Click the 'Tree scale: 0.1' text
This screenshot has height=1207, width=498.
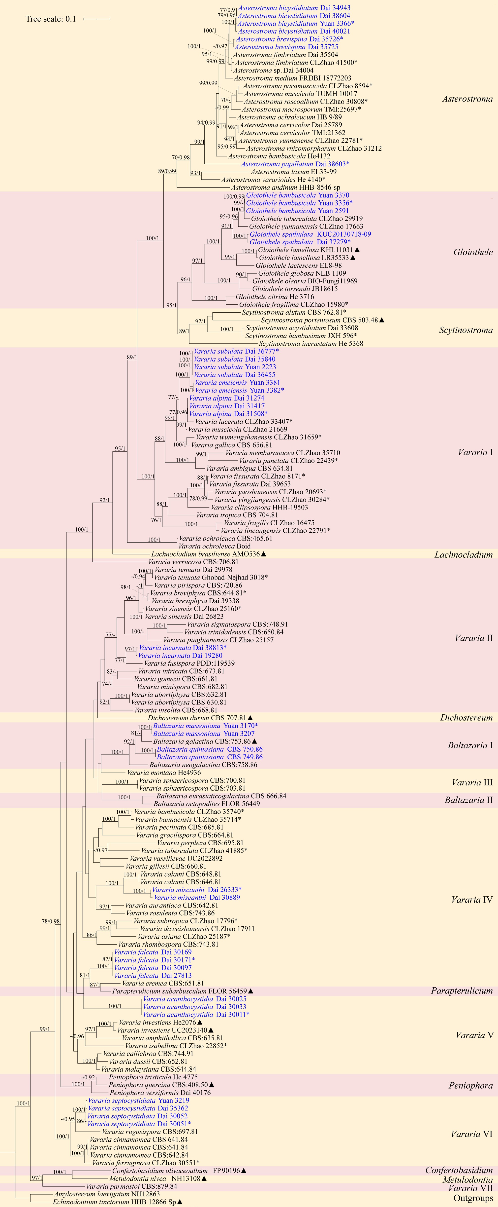coord(51,19)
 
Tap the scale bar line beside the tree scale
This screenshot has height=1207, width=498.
coord(97,19)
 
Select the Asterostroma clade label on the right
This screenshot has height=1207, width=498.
coord(467,99)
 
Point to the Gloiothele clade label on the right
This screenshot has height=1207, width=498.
coord(473,252)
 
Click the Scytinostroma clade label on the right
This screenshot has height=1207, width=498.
coord(466,330)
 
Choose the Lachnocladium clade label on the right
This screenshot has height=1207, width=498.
coord(463,555)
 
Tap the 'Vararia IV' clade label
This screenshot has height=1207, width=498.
coord(472,900)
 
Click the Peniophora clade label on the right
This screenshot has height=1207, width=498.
coord(470,1086)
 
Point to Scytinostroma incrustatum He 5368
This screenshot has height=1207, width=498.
coord(311,343)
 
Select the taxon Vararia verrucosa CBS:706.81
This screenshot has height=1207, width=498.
coord(193,562)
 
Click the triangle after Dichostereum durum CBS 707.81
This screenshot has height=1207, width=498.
coord(250,718)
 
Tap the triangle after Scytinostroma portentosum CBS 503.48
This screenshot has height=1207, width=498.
coord(381,320)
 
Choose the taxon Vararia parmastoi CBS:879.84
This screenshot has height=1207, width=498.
coord(132,1186)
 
